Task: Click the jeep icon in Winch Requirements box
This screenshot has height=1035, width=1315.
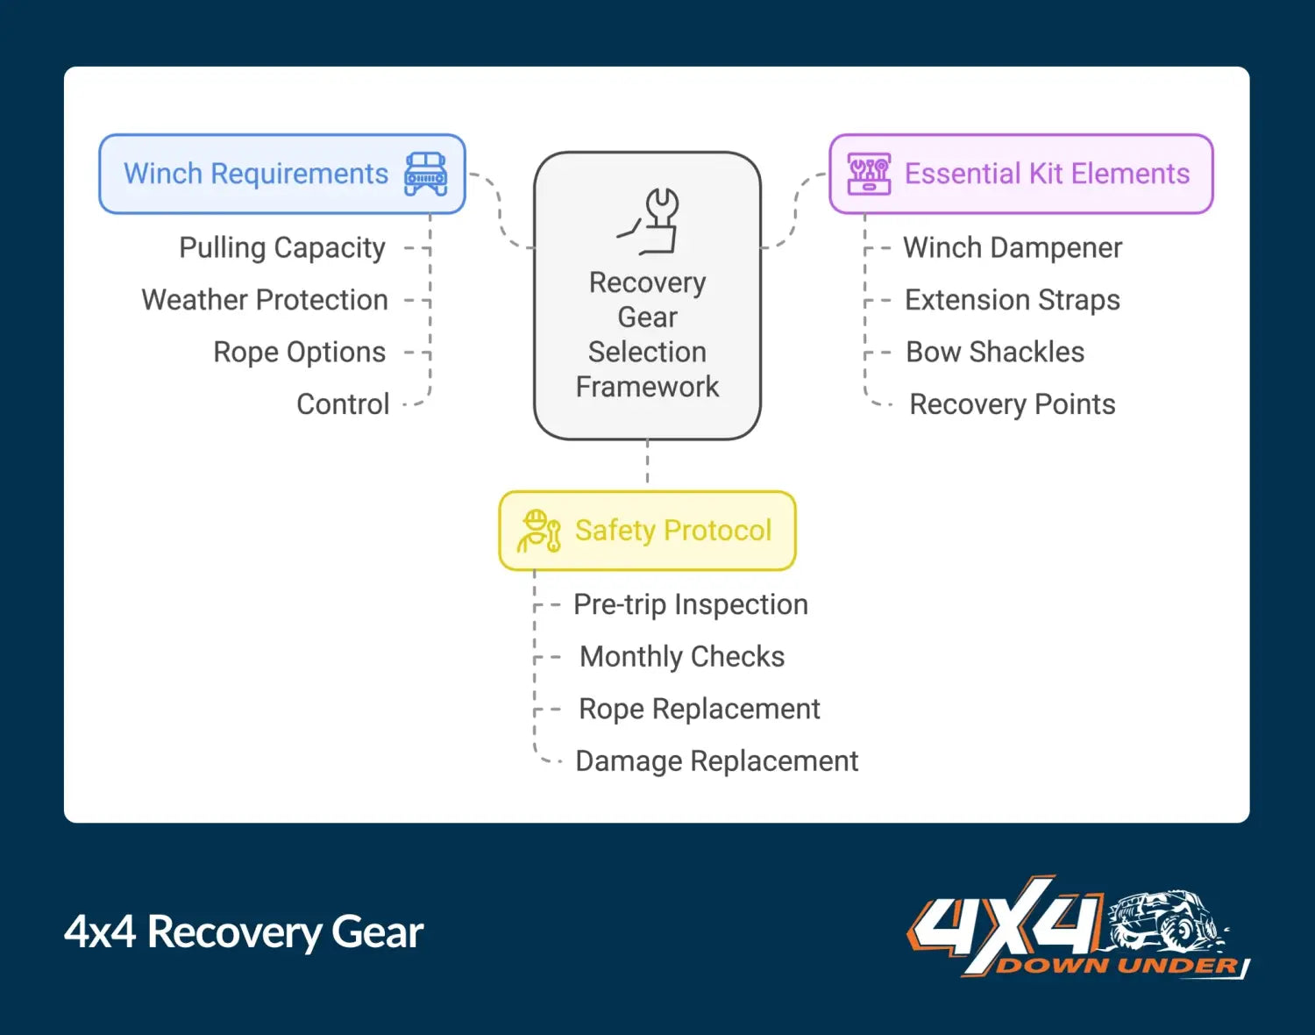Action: coord(425,174)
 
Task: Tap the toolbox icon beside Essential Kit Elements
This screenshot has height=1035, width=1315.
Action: coord(869,174)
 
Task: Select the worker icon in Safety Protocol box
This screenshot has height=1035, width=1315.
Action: coord(538,531)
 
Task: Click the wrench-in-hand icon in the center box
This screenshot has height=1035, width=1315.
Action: coord(653,220)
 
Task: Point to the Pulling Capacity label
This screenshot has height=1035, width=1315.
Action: coord(282,248)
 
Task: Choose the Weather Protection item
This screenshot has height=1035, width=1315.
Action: coord(265,300)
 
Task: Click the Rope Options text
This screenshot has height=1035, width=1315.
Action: coord(300,352)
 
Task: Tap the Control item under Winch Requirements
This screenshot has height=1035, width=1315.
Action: coord(343,404)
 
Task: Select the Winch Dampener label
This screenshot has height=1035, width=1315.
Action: coord(1013,248)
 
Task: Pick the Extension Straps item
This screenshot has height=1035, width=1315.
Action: coord(1013,300)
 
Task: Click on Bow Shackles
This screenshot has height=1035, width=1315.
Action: coord(995,352)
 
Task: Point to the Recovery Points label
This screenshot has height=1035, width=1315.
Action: coord(1013,404)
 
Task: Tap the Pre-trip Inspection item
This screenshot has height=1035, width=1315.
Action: coord(691,604)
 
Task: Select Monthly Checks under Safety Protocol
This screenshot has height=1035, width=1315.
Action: coord(682,656)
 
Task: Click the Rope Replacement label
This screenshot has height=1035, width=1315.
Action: coord(700,709)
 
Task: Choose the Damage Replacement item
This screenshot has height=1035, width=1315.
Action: coord(717,760)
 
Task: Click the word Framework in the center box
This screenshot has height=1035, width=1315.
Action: coord(647,387)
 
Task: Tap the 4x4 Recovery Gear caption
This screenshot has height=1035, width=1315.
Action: coord(244,931)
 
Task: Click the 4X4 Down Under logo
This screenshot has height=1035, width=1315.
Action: coord(1077,928)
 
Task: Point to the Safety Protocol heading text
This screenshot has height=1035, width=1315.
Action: coord(673,531)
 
